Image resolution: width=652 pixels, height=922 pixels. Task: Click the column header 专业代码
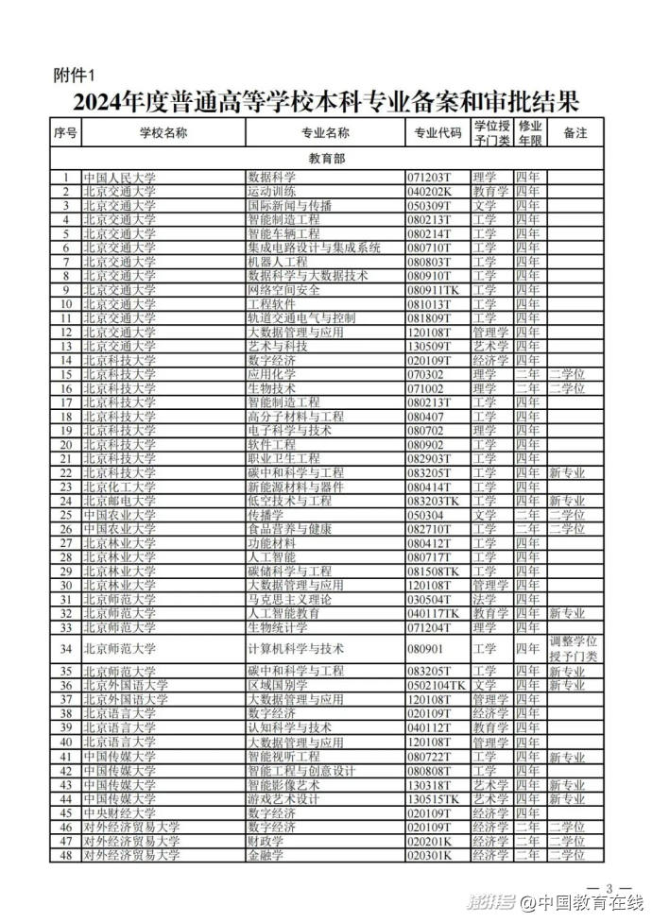pyautogui.click(x=438, y=133)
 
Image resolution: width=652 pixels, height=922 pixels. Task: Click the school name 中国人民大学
pyautogui.click(x=120, y=177)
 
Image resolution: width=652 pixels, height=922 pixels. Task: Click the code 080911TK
pyautogui.click(x=434, y=289)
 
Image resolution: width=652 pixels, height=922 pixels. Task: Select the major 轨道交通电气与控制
pyautogui.click(x=301, y=318)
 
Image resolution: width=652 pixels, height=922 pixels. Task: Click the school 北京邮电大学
pyautogui.click(x=120, y=501)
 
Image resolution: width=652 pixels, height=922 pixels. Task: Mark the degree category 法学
pyautogui.click(x=485, y=599)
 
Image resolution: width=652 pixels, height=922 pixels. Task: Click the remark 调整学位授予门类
pyautogui.click(x=574, y=649)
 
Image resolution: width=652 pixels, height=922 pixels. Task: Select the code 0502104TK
pyautogui.click(x=438, y=685)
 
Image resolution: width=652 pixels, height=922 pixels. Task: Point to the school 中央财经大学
pyautogui.click(x=120, y=812)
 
